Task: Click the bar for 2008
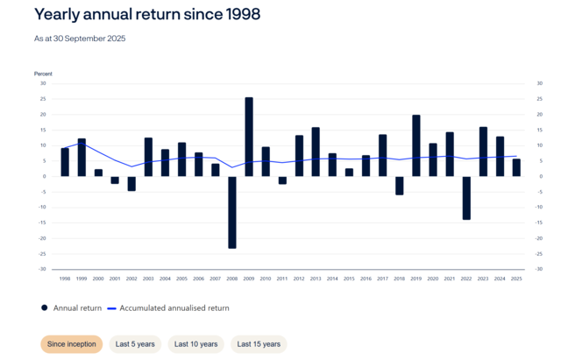[232, 212]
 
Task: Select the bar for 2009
[249, 137]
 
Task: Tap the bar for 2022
[466, 198]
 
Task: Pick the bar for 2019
[415, 145]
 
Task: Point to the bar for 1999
[82, 157]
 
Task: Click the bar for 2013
[316, 152]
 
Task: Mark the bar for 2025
[516, 167]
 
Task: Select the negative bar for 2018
[399, 186]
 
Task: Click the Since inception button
[71, 344]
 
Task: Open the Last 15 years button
[259, 344]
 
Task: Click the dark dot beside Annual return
[45, 307]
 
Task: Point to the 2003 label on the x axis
[148, 278]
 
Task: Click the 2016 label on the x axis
[366, 278]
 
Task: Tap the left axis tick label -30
[42, 269]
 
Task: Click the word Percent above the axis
[44, 73]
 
